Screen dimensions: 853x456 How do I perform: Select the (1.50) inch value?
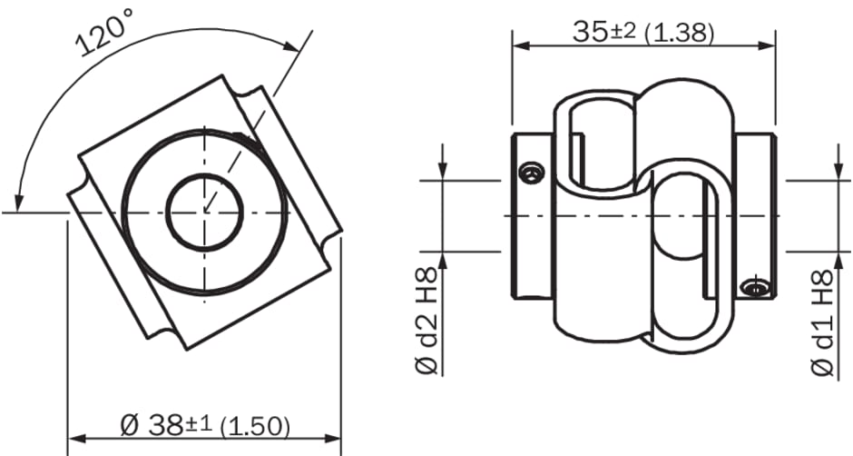pos(255,427)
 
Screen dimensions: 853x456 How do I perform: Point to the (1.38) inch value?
pos(679,34)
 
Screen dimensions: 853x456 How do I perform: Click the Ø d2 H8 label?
pos(427,321)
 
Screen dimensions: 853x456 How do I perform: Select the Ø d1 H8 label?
pos(822,322)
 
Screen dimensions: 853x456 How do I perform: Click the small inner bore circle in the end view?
pos(204,213)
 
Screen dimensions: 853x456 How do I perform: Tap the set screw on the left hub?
pos(531,173)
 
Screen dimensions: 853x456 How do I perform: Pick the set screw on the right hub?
pos(756,286)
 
